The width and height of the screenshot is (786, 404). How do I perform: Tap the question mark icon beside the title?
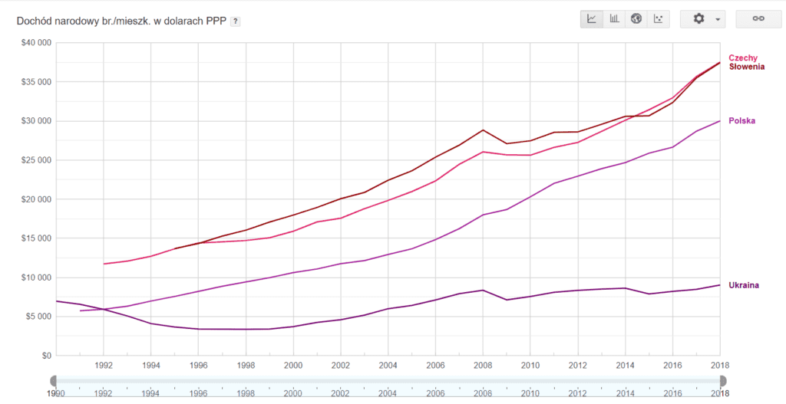[236, 21]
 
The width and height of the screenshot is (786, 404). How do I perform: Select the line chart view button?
[592, 19]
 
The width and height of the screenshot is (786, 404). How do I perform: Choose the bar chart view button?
[614, 19]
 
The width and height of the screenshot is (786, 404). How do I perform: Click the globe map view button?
[636, 19]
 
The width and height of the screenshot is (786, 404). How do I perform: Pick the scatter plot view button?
[658, 19]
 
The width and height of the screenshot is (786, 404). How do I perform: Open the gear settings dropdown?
[702, 19]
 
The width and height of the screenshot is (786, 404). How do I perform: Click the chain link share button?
[758, 19]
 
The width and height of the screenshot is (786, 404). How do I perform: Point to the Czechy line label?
[743, 58]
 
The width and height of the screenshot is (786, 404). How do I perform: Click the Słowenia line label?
[746, 67]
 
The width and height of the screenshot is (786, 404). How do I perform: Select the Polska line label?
[742, 121]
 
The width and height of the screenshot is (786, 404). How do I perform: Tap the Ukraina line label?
[744, 285]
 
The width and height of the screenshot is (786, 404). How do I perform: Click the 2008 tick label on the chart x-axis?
[482, 366]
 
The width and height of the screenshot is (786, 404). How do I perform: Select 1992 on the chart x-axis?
[104, 366]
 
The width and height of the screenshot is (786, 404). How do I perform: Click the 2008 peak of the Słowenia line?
[482, 130]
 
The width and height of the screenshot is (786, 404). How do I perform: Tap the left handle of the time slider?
[54, 381]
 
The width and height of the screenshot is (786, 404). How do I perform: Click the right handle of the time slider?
[722, 381]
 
